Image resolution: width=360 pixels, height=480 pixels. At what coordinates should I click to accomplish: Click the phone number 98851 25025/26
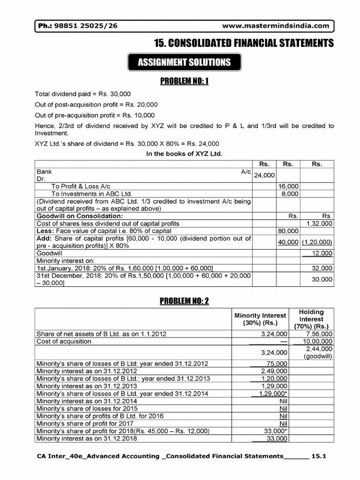click(x=88, y=26)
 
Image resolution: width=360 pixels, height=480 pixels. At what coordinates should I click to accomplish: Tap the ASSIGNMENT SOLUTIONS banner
click(x=184, y=62)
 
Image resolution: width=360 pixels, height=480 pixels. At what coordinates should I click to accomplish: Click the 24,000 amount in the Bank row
click(x=264, y=175)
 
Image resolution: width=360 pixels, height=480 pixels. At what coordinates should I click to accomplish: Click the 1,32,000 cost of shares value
click(x=319, y=224)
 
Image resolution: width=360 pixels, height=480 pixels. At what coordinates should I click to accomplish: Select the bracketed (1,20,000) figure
click(x=317, y=242)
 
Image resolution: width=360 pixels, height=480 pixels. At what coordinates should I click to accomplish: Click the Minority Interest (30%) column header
click(x=260, y=319)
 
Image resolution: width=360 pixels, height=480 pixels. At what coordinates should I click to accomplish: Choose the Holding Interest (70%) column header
click(x=312, y=319)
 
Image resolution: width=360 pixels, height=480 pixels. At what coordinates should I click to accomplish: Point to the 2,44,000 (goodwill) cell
click(x=318, y=352)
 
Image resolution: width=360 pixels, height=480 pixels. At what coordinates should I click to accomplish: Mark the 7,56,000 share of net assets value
click(x=318, y=334)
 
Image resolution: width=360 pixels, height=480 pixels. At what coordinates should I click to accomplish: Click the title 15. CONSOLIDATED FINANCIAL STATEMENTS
click(x=244, y=44)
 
